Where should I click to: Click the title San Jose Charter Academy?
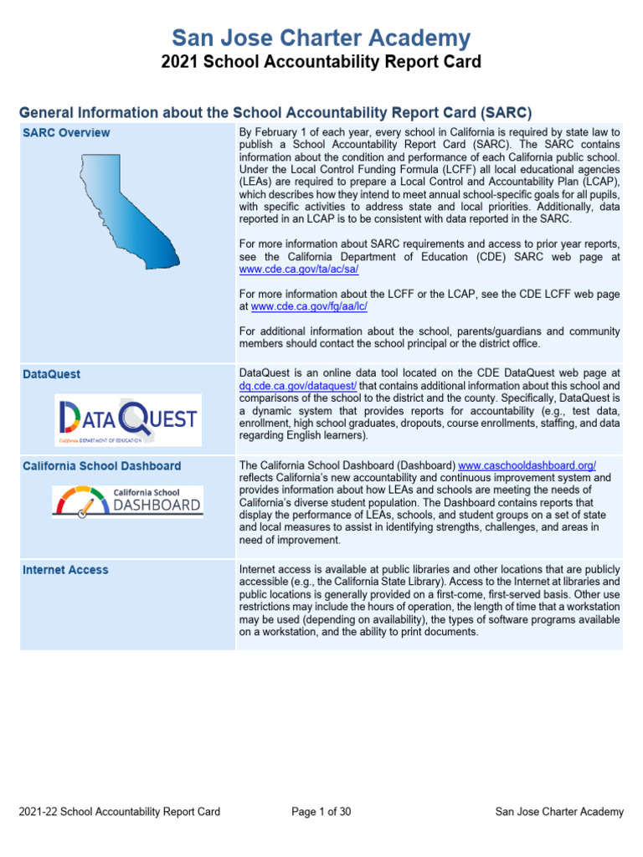click(x=321, y=38)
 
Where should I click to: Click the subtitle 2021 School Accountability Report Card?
click(x=321, y=62)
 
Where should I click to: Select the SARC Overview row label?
click(x=66, y=132)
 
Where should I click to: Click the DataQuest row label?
click(x=52, y=374)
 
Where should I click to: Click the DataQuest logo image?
click(x=127, y=418)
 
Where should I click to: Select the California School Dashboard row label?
click(x=101, y=465)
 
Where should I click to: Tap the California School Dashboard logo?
click(x=127, y=500)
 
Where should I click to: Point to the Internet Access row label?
click(x=65, y=569)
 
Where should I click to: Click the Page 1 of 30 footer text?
click(x=321, y=811)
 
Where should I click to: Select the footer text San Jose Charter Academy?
click(x=559, y=811)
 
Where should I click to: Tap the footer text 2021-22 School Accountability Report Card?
click(x=119, y=811)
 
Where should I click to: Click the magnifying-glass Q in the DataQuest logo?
click(x=134, y=417)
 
